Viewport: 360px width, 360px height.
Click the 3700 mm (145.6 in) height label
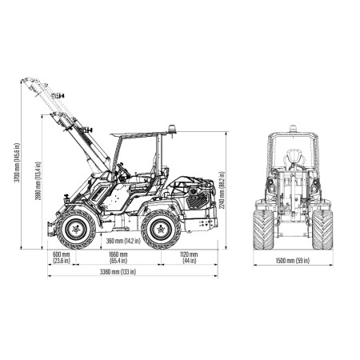click(x=17, y=163)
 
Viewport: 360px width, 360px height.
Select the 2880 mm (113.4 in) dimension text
click(x=38, y=181)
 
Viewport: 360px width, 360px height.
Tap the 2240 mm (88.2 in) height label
click(x=222, y=190)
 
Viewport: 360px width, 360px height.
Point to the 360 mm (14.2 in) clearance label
click(x=123, y=241)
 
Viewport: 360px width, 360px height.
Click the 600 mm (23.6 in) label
click(x=62, y=258)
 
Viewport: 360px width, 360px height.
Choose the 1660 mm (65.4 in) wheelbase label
click(x=118, y=258)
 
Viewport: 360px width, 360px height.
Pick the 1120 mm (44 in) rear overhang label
click(x=190, y=258)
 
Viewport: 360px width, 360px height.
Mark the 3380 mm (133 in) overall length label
click(x=118, y=272)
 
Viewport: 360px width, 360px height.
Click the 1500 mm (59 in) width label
click(x=293, y=261)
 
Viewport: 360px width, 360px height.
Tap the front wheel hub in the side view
click(x=76, y=230)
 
